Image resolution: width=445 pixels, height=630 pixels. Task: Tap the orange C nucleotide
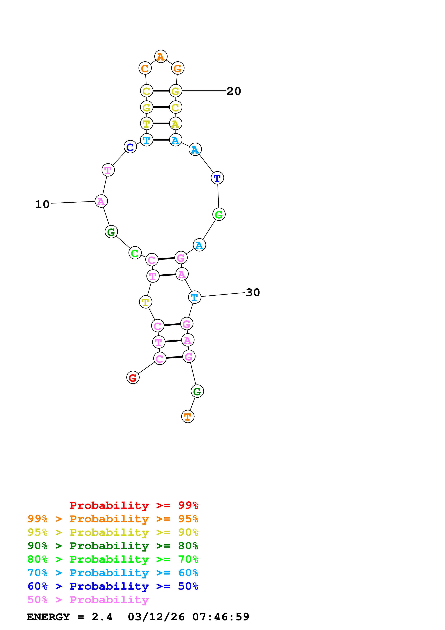click(x=145, y=68)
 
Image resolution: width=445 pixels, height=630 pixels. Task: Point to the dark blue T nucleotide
click(x=217, y=178)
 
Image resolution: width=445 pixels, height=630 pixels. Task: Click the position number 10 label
click(x=42, y=204)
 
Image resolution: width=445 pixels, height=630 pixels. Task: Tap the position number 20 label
click(x=234, y=91)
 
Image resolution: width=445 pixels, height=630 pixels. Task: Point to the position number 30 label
click(x=253, y=293)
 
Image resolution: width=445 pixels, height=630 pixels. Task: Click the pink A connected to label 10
click(x=101, y=201)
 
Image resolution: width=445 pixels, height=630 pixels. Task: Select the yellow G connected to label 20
click(x=176, y=91)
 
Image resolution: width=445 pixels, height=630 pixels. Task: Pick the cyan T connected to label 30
click(x=194, y=297)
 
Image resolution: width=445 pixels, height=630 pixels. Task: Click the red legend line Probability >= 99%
click(x=134, y=505)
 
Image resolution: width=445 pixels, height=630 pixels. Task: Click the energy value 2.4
click(x=102, y=617)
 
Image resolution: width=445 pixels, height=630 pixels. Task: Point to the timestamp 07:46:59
click(x=221, y=617)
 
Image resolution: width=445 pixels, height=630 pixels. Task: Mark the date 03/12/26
click(x=156, y=617)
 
